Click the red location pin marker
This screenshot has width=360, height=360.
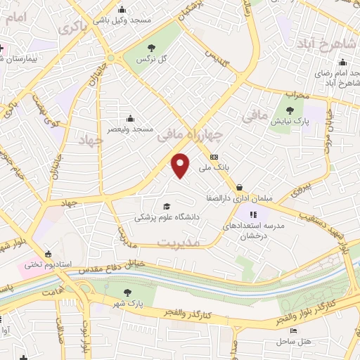coord(181,165)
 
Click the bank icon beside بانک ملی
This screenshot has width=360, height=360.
coord(214,157)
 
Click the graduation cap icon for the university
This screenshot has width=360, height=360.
coord(167,206)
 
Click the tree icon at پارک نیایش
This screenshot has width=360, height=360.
coord(290,110)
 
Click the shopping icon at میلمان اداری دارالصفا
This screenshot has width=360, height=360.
coord(240,188)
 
